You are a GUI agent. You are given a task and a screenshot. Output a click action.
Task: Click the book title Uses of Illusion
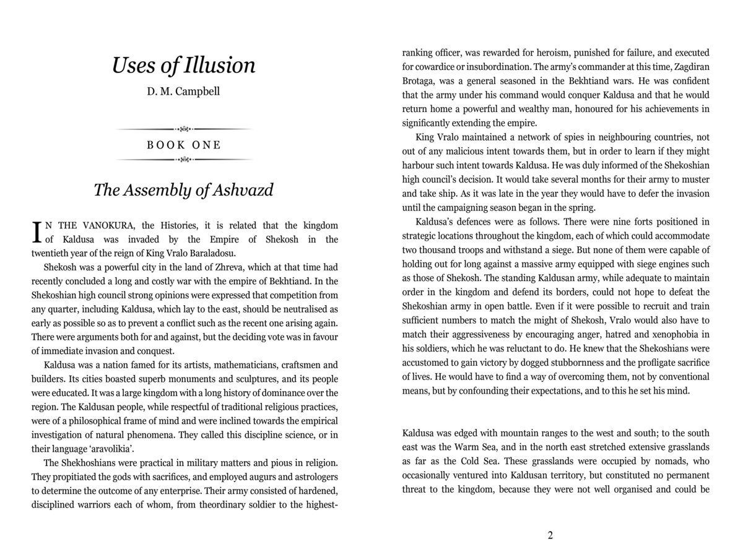[183, 65]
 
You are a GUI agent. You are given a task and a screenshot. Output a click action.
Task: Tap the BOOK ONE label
[184, 145]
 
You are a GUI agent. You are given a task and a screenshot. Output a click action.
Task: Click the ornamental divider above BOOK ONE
[184, 129]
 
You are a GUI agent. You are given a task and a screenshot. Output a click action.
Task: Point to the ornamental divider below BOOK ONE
[184, 160]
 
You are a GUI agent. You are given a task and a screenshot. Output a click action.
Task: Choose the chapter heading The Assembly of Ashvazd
[183, 190]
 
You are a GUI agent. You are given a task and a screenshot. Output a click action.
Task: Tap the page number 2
[550, 535]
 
